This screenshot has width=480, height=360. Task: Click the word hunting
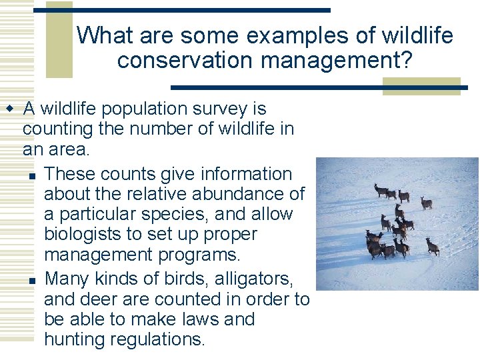coord(72,339)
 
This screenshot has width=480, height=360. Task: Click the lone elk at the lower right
coord(433,247)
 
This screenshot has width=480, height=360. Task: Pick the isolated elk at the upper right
coord(426,203)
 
